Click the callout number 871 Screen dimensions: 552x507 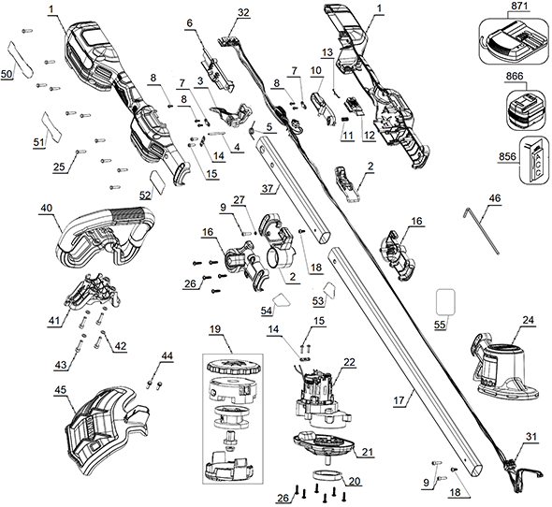tap(518, 7)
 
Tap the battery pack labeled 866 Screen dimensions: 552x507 tap(526, 109)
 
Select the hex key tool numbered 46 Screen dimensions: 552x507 tap(482, 230)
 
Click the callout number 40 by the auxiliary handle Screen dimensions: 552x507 tap(47, 208)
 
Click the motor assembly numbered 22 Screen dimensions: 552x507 tap(319, 399)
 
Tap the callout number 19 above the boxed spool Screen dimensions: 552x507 tap(215, 329)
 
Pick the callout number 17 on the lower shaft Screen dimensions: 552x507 tap(399, 400)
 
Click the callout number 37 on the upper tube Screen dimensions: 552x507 tap(268, 188)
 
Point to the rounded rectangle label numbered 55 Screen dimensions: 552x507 tap(445, 302)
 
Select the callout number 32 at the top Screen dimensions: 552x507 tap(243, 13)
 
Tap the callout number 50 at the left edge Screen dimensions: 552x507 tap(7, 74)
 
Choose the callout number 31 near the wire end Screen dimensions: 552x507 tap(531, 437)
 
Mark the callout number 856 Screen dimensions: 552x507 tap(507, 156)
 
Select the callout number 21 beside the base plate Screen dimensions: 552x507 tap(367, 452)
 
